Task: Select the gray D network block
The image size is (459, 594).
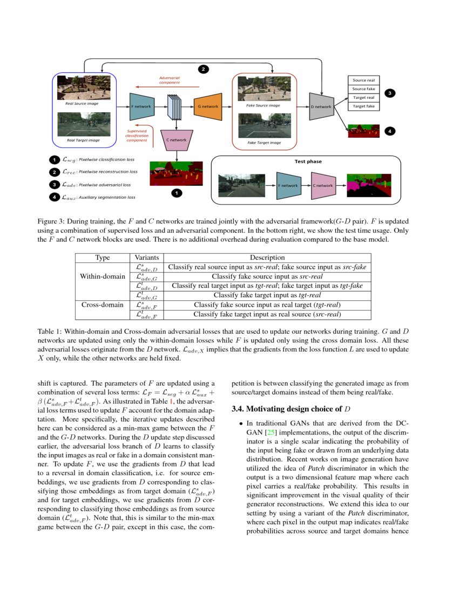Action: point(322,107)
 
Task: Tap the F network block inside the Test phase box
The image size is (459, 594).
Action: point(287,185)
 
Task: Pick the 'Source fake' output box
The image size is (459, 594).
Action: point(363,89)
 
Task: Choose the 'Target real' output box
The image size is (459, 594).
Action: point(363,98)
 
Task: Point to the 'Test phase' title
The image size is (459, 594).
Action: point(307,161)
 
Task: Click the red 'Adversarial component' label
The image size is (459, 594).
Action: point(169,80)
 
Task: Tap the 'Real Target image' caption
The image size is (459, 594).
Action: point(84,140)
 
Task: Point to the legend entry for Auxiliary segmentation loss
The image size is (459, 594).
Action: point(97,197)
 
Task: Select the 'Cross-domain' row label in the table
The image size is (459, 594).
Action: point(102,305)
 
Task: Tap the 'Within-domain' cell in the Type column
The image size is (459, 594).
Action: point(102,276)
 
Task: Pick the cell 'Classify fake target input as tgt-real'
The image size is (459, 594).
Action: point(267,295)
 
